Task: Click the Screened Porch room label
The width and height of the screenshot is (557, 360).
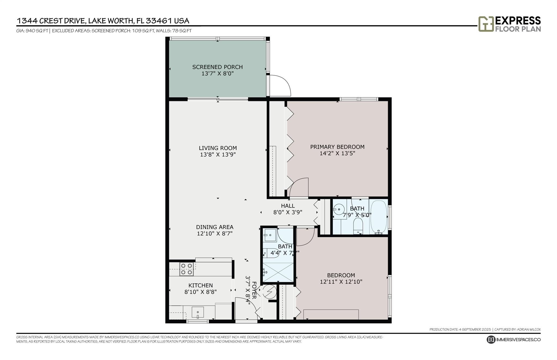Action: click(x=217, y=67)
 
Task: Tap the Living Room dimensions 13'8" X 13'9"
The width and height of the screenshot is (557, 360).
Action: click(x=218, y=155)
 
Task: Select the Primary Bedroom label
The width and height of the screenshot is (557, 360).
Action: click(x=337, y=147)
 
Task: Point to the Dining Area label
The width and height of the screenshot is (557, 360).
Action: click(x=215, y=227)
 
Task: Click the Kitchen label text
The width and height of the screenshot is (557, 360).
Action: click(x=200, y=285)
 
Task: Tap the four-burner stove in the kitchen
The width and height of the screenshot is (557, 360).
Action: click(x=187, y=269)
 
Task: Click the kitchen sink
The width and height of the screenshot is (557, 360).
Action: click(x=198, y=312)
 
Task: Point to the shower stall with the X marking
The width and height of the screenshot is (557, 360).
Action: click(x=278, y=272)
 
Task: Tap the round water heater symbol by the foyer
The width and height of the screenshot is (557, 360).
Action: click(x=270, y=292)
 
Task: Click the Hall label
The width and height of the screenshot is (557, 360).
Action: click(x=288, y=206)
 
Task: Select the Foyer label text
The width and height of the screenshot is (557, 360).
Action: click(x=254, y=290)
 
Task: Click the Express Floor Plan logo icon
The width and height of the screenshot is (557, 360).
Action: click(x=486, y=24)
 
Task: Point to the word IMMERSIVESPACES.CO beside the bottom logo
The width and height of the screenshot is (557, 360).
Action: click(x=518, y=340)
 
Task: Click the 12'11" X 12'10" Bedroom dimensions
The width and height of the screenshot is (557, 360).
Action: click(x=341, y=282)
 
